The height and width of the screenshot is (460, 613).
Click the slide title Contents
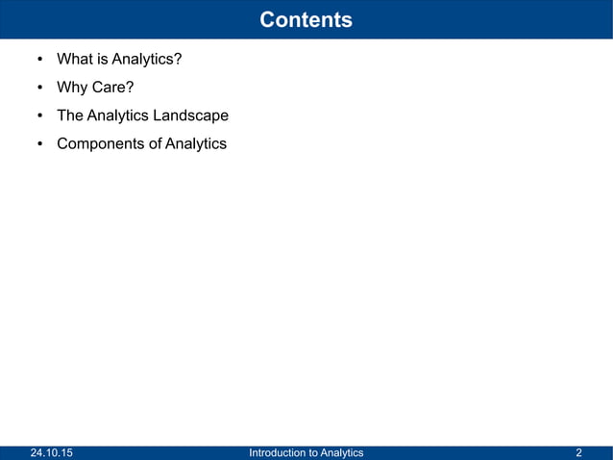(306, 19)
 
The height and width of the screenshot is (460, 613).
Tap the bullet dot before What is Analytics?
(39, 61)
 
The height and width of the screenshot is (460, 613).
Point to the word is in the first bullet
(103, 60)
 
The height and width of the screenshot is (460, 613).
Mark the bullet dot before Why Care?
(39, 89)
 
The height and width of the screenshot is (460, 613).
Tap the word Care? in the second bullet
(113, 89)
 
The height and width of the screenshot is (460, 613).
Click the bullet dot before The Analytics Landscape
(39, 116)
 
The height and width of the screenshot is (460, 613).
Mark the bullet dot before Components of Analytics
(39, 144)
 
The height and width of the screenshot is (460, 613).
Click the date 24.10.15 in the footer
(50, 452)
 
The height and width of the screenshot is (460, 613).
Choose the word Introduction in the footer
(276, 452)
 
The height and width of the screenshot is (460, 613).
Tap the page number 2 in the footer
(578, 452)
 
